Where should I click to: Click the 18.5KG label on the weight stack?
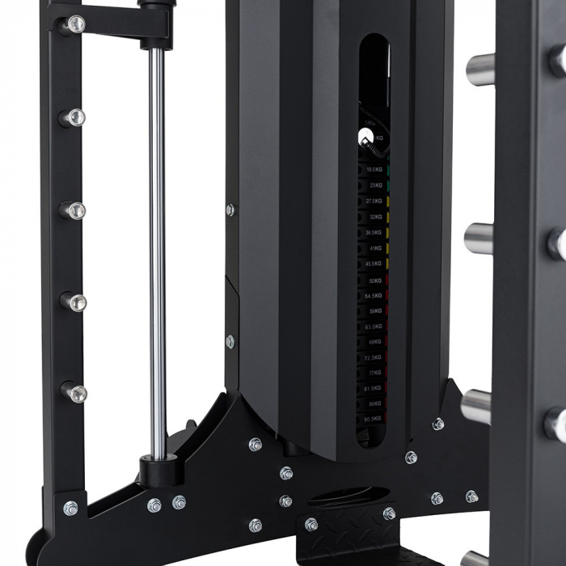374,170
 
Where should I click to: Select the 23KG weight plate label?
374,185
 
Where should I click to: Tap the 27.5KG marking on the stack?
374,201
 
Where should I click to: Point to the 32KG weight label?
374,217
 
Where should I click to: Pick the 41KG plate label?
374,248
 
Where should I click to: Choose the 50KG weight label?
374,280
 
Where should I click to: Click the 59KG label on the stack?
374,310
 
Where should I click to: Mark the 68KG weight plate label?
374,342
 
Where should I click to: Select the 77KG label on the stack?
374,373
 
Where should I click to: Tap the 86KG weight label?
374,403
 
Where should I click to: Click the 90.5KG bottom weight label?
374,419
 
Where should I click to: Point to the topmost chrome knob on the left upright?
74,24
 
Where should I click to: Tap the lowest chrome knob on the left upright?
76,393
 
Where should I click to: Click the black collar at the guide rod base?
158,470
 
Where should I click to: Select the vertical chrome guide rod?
157,243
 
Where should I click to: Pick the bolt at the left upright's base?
70,509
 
